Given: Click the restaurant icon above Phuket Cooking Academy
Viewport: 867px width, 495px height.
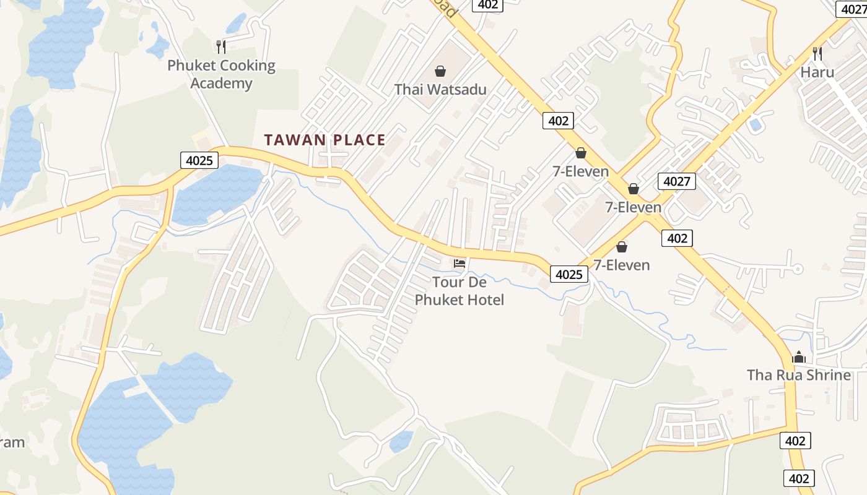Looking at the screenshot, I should pyautogui.click(x=220, y=46).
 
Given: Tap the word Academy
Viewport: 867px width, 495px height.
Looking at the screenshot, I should pyautogui.click(x=221, y=83).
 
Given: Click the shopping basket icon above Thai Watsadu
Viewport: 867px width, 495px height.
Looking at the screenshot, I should pyautogui.click(x=440, y=71).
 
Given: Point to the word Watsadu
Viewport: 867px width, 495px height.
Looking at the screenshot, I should pyautogui.click(x=456, y=89).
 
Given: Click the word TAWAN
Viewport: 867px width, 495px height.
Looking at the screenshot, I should pyautogui.click(x=295, y=140).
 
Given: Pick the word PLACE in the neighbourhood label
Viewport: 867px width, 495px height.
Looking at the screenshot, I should pyautogui.click(x=359, y=140).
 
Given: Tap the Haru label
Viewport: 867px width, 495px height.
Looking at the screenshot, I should pyautogui.click(x=817, y=72).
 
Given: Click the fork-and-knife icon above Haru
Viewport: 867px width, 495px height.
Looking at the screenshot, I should pyautogui.click(x=817, y=53).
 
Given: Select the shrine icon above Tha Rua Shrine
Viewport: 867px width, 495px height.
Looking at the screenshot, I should pyautogui.click(x=799, y=357).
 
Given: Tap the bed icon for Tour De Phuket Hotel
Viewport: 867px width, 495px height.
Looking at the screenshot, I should pyautogui.click(x=459, y=264).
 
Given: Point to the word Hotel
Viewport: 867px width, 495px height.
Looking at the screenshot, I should pyautogui.click(x=484, y=300).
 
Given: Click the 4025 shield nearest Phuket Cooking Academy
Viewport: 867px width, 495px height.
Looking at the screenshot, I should pyautogui.click(x=199, y=161).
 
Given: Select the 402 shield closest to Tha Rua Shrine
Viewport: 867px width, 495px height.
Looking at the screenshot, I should pyautogui.click(x=795, y=441).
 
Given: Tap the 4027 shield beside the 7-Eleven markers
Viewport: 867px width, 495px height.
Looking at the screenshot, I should pyautogui.click(x=677, y=181).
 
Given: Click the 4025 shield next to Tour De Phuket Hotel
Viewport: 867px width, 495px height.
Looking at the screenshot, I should pyautogui.click(x=569, y=274).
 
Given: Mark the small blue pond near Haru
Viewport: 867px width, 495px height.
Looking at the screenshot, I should pyautogui.click(x=755, y=124).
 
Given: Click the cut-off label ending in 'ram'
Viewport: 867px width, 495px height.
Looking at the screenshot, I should pyautogui.click(x=12, y=442).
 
